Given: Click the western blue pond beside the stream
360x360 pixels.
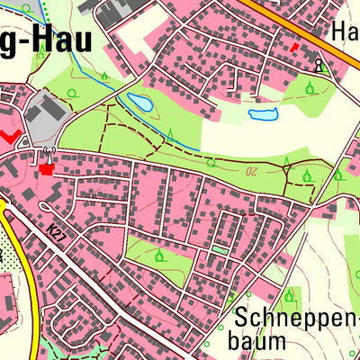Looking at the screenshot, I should tap(141, 102).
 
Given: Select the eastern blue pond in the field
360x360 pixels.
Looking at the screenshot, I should tap(263, 114).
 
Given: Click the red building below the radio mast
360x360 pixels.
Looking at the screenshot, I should tap(47, 167).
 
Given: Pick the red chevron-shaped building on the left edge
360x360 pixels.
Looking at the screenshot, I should tap(10, 135).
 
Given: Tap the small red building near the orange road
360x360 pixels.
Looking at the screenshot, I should tap(293, 46).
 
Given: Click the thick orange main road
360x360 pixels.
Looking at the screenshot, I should tap(306, 31).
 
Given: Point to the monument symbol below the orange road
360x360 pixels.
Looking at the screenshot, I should tap(318, 65).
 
